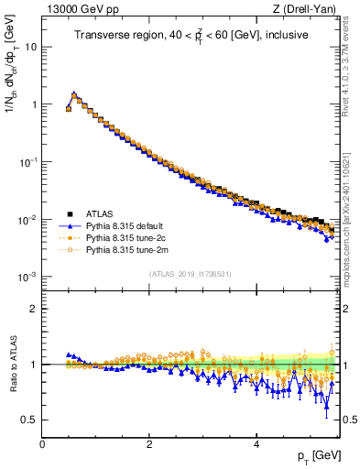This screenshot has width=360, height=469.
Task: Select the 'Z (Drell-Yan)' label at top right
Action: point(308,9)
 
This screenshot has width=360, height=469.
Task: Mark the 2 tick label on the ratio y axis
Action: point(33,309)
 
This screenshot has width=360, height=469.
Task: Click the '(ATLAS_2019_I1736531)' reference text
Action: point(190,274)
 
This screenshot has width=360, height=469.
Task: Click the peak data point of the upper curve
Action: point(73,93)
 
